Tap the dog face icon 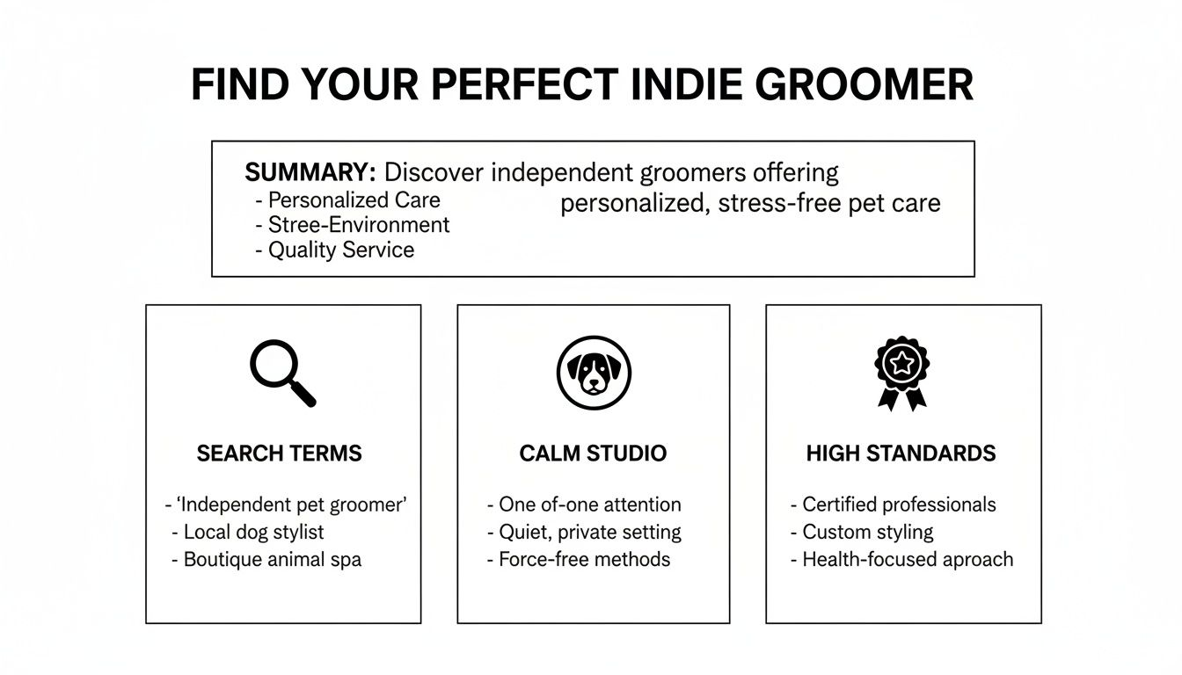tap(594, 373)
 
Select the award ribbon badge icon tap(901, 373)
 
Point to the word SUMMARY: tap(310, 172)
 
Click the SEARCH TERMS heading tap(279, 454)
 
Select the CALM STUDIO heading tap(593, 454)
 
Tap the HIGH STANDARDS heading tap(901, 454)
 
